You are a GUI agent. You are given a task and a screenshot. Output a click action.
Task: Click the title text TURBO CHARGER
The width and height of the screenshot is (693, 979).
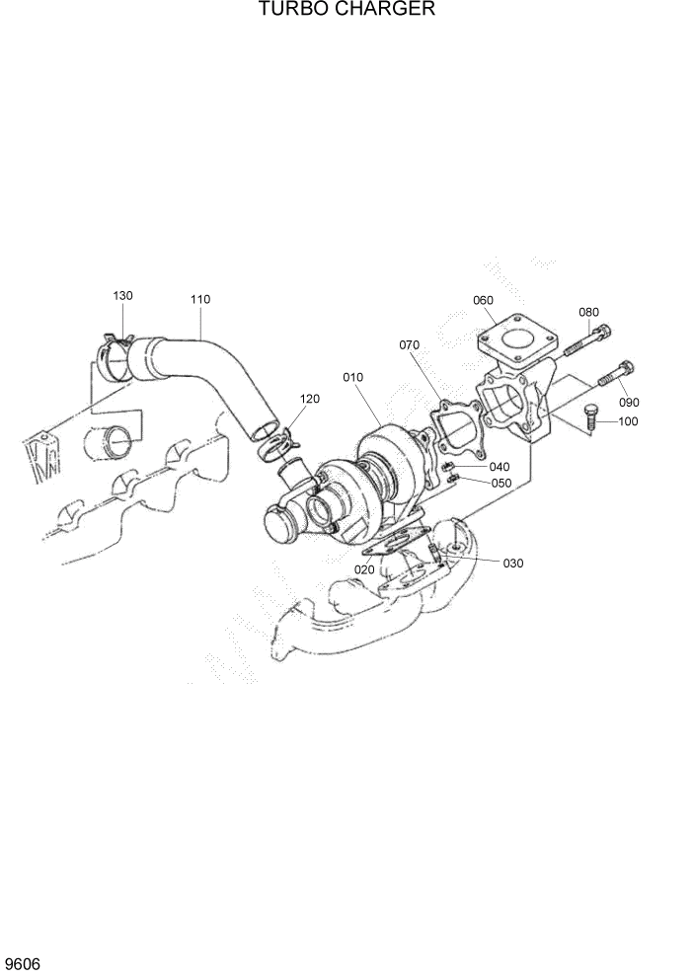[346, 10]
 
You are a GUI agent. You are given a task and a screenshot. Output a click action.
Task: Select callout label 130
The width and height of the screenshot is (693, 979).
[122, 296]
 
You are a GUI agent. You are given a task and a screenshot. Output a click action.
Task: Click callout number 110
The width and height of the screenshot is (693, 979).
[200, 299]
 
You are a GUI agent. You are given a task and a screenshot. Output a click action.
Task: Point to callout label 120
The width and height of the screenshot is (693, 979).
[310, 399]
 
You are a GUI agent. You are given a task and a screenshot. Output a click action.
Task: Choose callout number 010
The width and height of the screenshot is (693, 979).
[353, 377]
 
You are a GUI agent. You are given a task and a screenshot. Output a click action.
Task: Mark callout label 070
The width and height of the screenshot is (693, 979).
[410, 345]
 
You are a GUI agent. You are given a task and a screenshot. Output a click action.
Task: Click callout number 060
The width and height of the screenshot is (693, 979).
[483, 300]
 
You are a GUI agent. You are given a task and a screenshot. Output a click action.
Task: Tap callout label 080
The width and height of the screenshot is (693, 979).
[588, 313]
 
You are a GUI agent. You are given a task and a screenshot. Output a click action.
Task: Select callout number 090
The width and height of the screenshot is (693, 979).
[629, 402]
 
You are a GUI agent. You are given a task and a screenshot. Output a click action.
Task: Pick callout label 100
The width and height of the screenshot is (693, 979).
[628, 421]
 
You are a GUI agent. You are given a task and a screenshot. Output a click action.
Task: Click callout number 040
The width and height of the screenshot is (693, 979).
[500, 467]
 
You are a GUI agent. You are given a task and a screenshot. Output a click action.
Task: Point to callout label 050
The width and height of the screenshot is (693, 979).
[501, 483]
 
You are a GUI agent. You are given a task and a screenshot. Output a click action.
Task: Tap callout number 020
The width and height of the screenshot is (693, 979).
[364, 569]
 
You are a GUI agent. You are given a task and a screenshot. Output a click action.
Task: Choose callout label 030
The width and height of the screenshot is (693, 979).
[513, 564]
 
